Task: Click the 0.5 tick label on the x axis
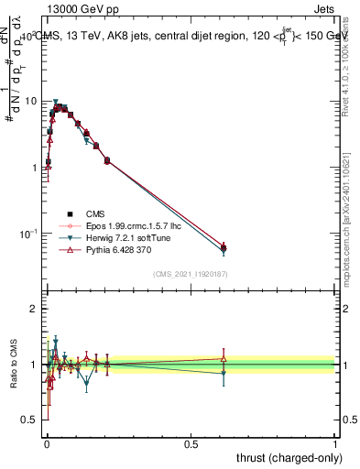point(191,442)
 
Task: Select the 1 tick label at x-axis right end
point(334,442)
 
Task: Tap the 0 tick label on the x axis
point(47,442)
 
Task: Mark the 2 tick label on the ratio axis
point(34,310)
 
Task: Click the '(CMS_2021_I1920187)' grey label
point(190,275)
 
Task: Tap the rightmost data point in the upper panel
point(224,246)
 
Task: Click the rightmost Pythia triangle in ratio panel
point(224,359)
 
